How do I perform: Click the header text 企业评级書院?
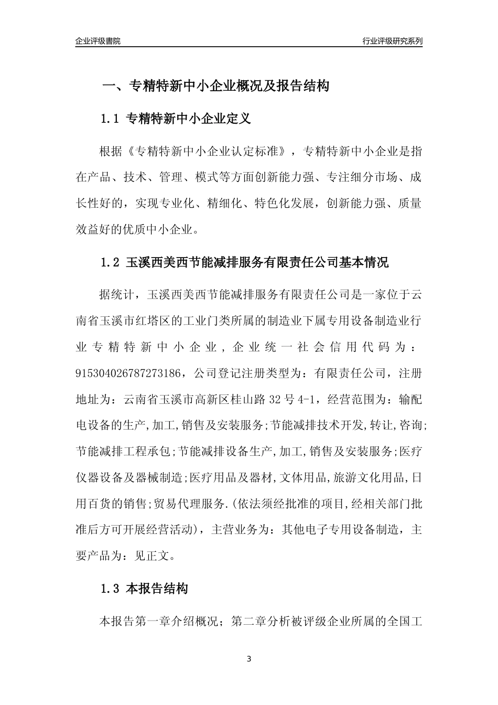click(x=98, y=41)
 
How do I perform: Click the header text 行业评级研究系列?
click(x=392, y=41)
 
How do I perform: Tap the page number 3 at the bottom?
click(x=249, y=659)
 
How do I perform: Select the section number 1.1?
click(x=111, y=119)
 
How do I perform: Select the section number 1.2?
click(x=111, y=263)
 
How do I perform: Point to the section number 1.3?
click(x=111, y=589)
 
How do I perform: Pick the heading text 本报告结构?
click(x=157, y=589)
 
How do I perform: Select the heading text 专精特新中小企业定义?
click(x=189, y=119)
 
